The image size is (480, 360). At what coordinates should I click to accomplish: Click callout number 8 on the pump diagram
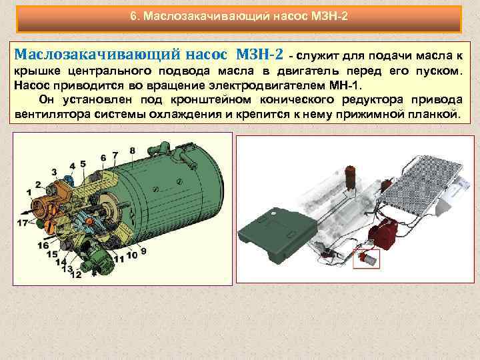(x=133, y=150)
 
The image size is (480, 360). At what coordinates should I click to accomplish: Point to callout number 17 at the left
(x=22, y=222)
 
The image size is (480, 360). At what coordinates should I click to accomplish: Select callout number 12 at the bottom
(x=75, y=274)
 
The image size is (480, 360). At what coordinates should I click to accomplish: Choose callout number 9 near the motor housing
(x=143, y=251)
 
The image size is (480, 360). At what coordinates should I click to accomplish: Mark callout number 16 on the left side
(x=43, y=245)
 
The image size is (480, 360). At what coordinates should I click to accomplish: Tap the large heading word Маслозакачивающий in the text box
(x=88, y=53)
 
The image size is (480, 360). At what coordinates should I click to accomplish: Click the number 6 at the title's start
(x=133, y=15)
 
